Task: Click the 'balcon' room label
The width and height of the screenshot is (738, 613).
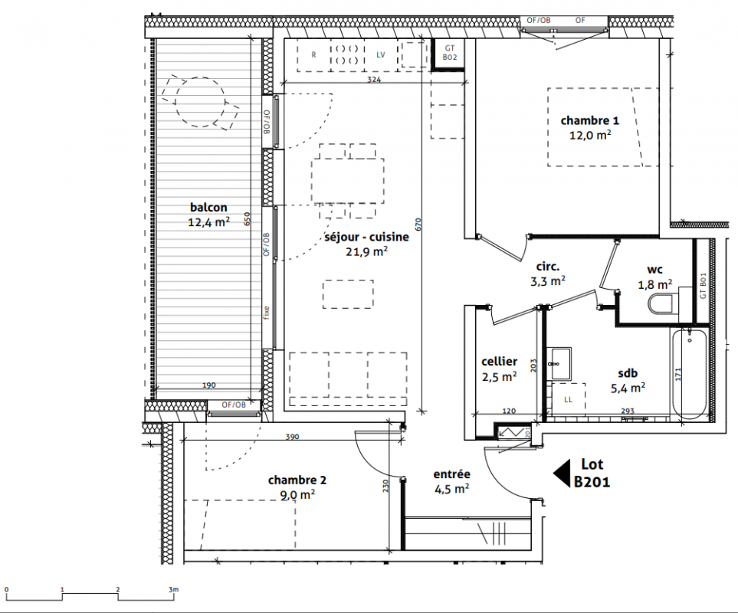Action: (x=208, y=207)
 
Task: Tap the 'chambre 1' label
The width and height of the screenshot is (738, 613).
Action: (x=590, y=120)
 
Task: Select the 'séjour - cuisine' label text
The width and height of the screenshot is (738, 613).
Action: (x=366, y=237)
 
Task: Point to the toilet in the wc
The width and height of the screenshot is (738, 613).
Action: (x=663, y=303)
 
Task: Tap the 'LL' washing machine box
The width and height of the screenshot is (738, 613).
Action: (x=569, y=399)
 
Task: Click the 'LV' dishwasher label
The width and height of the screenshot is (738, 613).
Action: (x=380, y=54)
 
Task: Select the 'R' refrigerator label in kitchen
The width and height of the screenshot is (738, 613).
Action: (x=314, y=55)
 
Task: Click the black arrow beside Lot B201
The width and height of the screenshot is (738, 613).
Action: (x=562, y=473)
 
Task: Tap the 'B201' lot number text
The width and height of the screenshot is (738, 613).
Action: (x=592, y=482)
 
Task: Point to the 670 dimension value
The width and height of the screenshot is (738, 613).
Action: (x=418, y=225)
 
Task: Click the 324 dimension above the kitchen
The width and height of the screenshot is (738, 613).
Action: (x=374, y=80)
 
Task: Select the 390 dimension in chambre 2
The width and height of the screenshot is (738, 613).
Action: (x=292, y=437)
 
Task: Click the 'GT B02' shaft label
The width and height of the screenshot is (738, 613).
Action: (x=450, y=52)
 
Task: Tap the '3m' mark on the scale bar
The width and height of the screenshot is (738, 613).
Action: (x=173, y=589)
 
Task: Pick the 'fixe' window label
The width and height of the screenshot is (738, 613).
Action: (x=267, y=313)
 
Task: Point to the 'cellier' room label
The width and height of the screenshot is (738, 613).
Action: (x=500, y=362)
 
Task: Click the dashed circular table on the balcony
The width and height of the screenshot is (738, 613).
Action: (x=200, y=102)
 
